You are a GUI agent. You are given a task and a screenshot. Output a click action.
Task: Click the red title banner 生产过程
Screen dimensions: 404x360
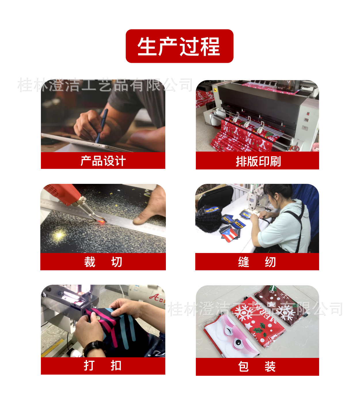(179, 46)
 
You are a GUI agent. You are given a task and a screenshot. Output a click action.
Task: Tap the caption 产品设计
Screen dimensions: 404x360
(103, 161)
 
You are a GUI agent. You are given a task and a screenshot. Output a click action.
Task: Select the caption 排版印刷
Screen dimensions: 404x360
(258, 161)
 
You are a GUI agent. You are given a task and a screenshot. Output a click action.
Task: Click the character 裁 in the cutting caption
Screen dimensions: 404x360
(90, 262)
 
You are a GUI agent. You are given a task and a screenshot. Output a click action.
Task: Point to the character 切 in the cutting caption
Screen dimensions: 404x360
(117, 262)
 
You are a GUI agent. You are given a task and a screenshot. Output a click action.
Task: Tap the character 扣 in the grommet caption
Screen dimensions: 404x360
(116, 366)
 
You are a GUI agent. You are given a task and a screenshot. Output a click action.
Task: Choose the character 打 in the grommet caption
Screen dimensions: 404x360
(89, 366)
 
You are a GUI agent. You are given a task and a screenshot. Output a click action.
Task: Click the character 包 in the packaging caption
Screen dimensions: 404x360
(243, 367)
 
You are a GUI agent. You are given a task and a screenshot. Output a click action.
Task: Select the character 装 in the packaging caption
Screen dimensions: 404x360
(270, 367)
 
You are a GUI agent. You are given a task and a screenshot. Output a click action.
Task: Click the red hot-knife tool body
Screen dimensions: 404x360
(62, 193)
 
